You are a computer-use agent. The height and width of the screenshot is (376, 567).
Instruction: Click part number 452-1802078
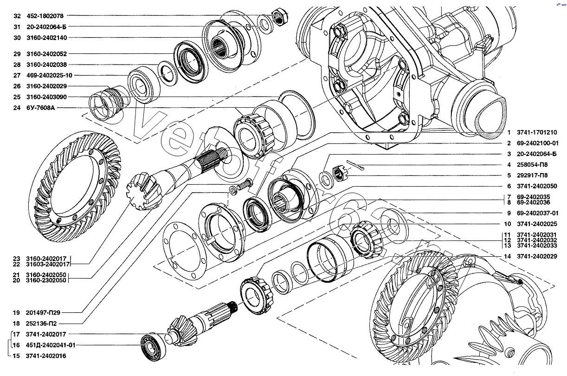coord(45,16)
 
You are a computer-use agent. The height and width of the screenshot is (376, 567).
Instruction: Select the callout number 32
coord(17,16)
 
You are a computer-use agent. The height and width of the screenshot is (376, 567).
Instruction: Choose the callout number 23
coord(17,259)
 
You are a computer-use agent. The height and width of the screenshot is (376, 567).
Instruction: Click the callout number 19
coord(17,312)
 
